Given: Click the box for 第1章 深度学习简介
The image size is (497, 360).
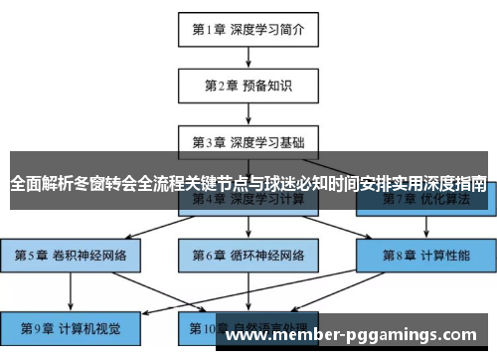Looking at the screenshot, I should (x=248, y=29).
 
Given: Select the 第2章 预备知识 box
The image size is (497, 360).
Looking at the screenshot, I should (x=248, y=86).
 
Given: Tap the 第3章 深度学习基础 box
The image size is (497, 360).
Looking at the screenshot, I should (x=248, y=140).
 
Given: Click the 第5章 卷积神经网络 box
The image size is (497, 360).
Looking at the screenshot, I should (x=70, y=255).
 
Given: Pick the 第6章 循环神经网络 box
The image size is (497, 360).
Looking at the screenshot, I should (x=248, y=255).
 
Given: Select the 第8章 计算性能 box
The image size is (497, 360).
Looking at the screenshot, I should (x=425, y=255).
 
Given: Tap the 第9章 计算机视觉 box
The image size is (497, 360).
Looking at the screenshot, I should (x=70, y=327).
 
